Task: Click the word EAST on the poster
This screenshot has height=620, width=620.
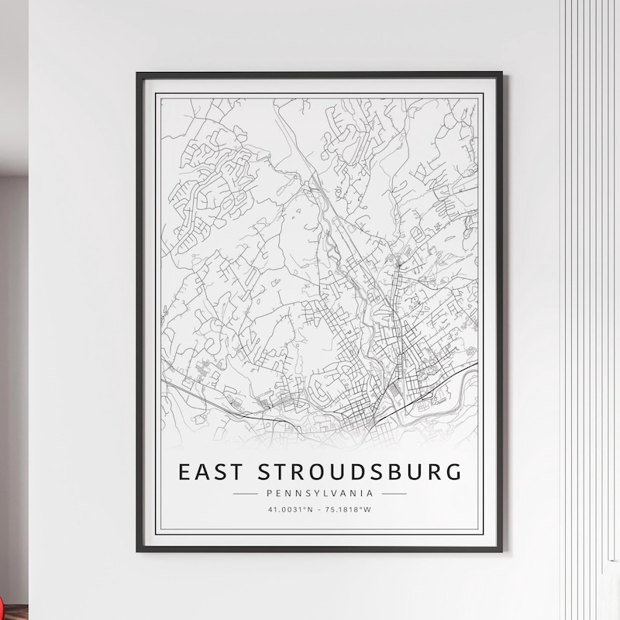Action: [207, 471]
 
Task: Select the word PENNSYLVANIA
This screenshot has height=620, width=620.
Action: [319, 492]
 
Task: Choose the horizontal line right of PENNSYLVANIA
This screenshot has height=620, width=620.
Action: [394, 492]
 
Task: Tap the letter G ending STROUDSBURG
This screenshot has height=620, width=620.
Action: [452, 471]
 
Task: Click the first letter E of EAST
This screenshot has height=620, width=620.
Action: [184, 471]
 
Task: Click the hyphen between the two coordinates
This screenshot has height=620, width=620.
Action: [319, 509]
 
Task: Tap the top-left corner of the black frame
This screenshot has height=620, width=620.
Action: [138, 74]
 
